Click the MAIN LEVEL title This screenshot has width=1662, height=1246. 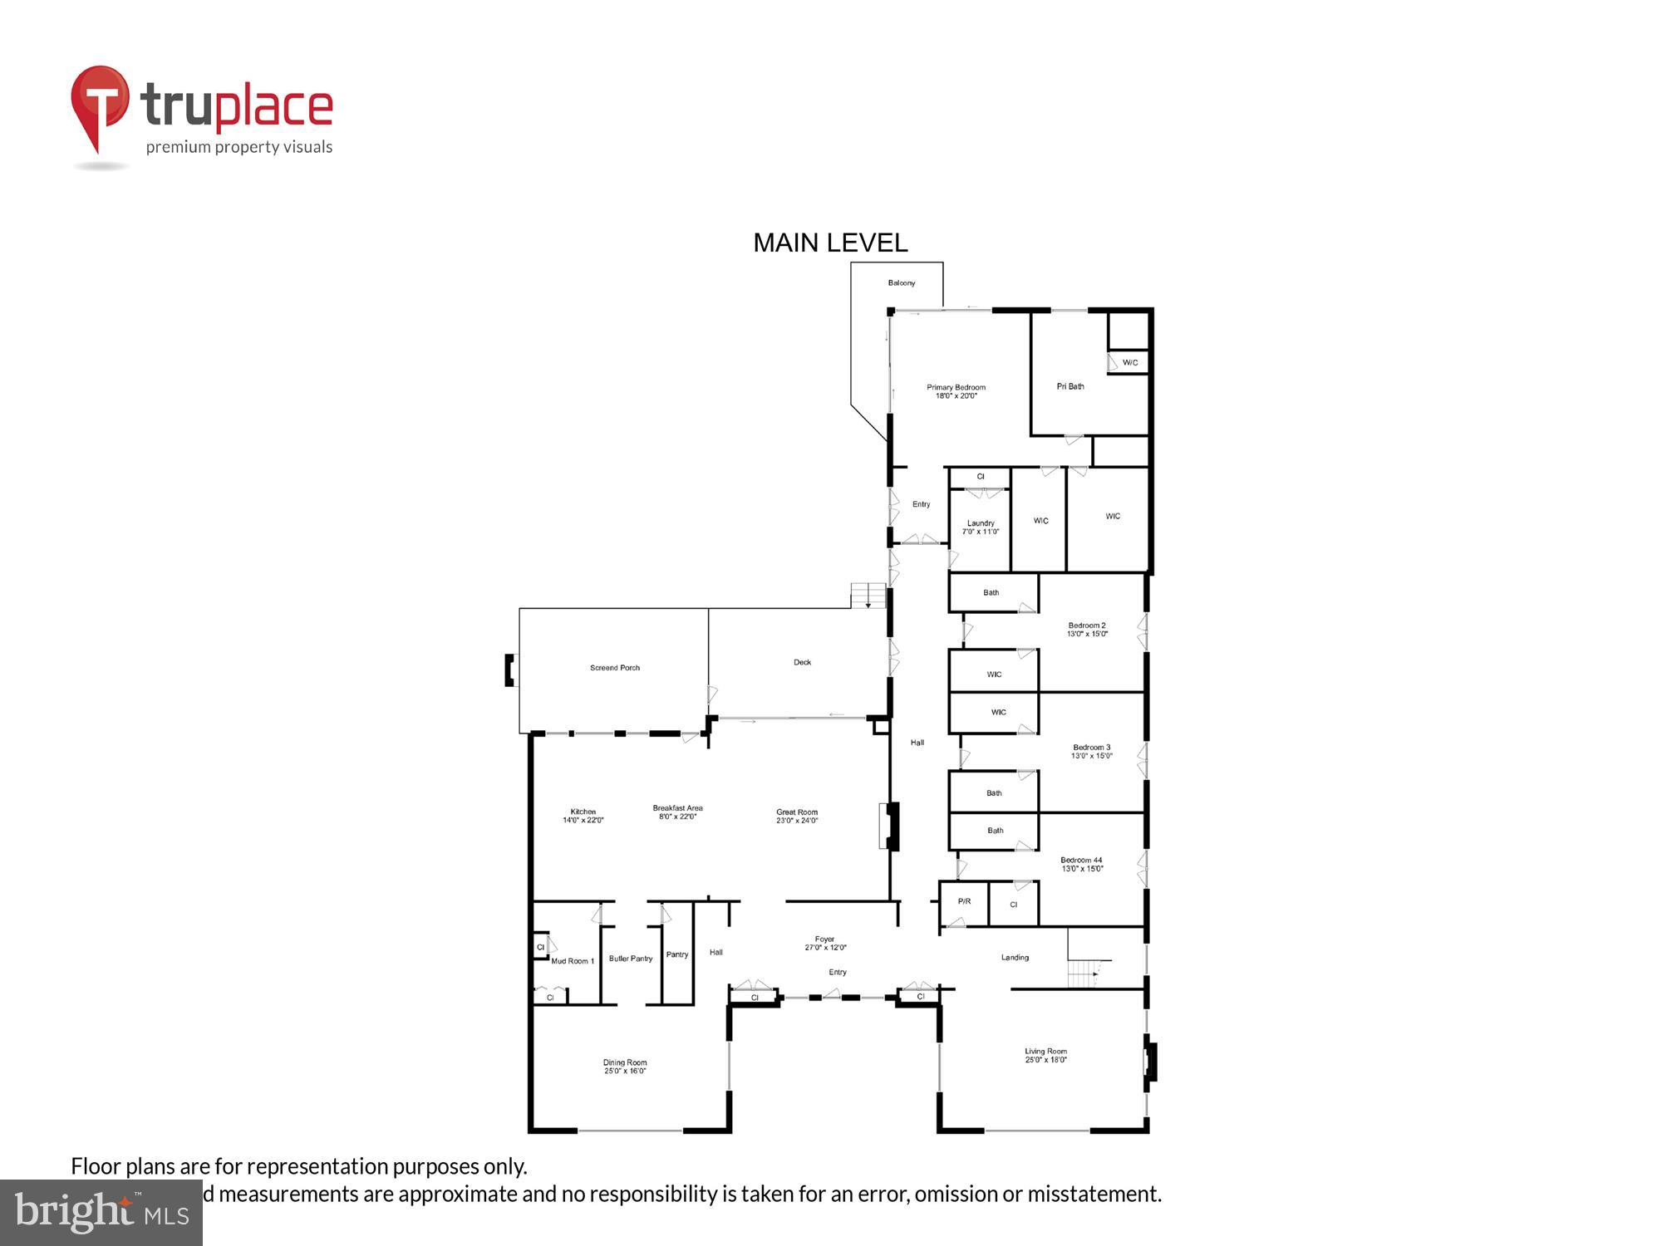[x=829, y=243]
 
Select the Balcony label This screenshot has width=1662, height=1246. [x=901, y=283]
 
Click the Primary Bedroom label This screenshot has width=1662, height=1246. [x=956, y=391]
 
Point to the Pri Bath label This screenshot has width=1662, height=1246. [x=1069, y=386]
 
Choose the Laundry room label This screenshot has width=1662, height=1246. [x=981, y=527]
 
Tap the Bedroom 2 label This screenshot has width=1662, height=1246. [x=1087, y=630]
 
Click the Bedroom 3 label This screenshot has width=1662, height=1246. [x=1091, y=751]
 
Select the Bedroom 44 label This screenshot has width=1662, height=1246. [x=1081, y=865]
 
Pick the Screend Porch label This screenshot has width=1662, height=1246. [x=615, y=668]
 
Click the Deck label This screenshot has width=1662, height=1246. [x=802, y=662]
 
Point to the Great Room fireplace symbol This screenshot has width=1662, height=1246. [x=889, y=826]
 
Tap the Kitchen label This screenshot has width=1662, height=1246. [x=583, y=816]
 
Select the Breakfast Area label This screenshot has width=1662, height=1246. [x=677, y=812]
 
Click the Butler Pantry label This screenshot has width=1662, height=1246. [x=631, y=959]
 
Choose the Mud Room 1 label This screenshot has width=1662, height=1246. [x=573, y=961]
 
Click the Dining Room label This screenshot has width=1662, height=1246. [x=625, y=1067]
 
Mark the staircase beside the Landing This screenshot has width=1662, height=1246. [x=1085, y=972]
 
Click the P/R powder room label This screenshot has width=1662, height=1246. [x=964, y=901]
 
